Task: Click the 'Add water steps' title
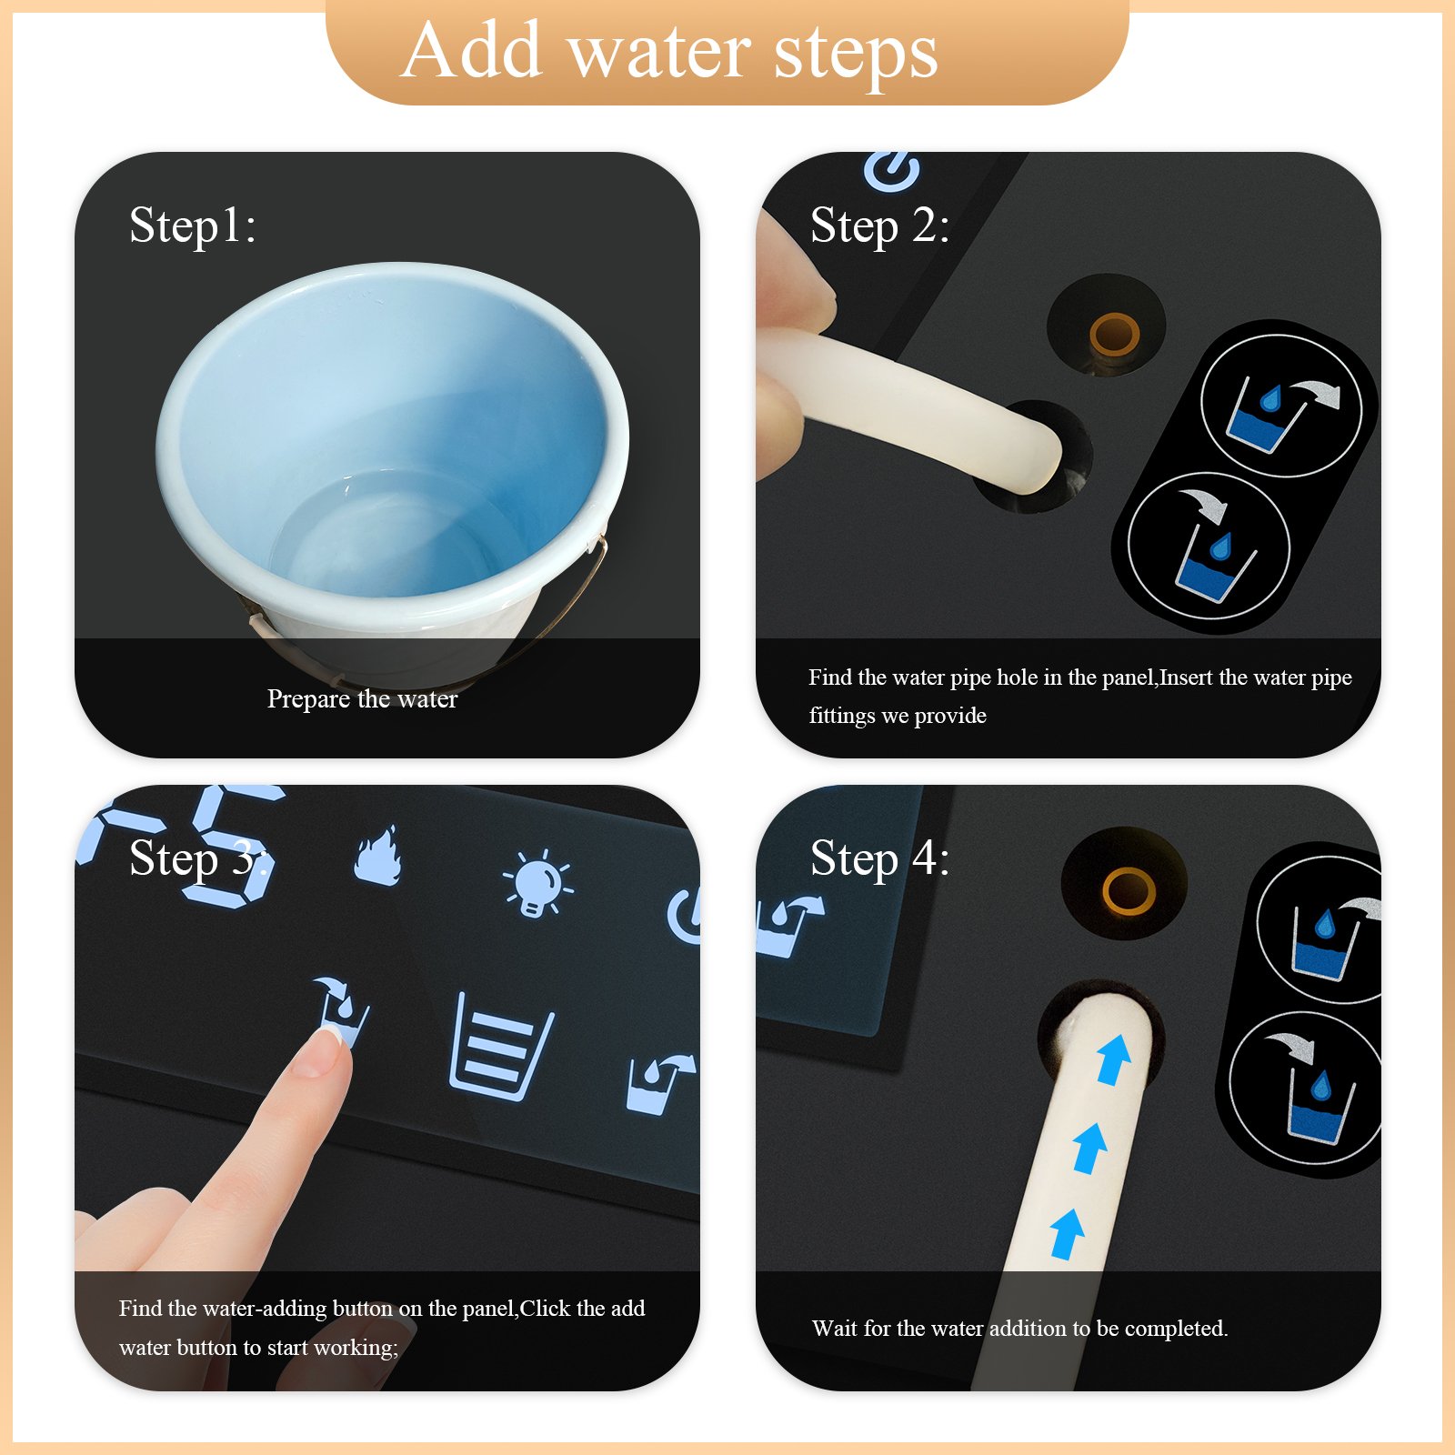click(670, 51)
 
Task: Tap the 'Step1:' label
click(193, 226)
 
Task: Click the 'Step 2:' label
click(879, 226)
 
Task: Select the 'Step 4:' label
click(879, 858)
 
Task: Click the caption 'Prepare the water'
click(362, 698)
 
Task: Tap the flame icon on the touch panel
click(377, 855)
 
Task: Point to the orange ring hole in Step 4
click(1129, 891)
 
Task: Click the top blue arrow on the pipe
click(1113, 1059)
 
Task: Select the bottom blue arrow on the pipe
click(1067, 1234)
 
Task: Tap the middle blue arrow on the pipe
click(1089, 1148)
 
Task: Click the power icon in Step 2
click(891, 169)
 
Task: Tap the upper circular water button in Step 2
click(1281, 406)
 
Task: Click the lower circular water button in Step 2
click(1209, 546)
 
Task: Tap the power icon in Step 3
click(684, 915)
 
